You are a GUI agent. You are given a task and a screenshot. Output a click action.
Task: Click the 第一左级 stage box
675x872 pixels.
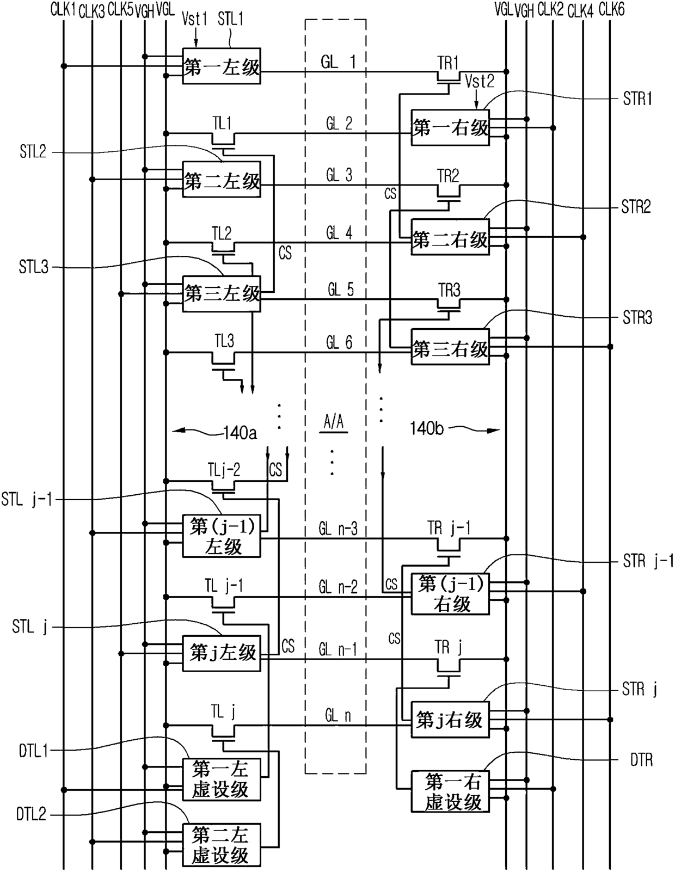pyautogui.click(x=222, y=66)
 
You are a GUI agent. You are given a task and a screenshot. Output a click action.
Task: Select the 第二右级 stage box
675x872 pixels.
pyautogui.click(x=450, y=237)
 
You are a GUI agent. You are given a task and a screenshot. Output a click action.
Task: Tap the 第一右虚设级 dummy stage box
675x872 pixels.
pyautogui.click(x=450, y=791)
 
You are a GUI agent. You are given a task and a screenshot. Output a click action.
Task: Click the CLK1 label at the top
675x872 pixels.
pyautogui.click(x=63, y=10)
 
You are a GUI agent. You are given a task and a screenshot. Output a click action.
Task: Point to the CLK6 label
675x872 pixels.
pyautogui.click(x=612, y=10)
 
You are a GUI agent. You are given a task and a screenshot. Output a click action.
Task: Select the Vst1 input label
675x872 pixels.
pyautogui.click(x=195, y=19)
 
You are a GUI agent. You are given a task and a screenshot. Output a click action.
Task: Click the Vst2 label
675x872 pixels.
pyautogui.click(x=480, y=82)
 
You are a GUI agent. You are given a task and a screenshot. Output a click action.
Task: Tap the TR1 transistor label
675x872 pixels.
pyautogui.click(x=448, y=63)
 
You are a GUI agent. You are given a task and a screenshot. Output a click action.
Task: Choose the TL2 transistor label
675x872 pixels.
pyautogui.click(x=222, y=233)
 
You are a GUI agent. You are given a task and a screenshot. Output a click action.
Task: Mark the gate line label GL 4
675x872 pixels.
pyautogui.click(x=339, y=233)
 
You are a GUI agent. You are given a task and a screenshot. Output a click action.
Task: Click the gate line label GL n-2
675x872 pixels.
pyautogui.click(x=338, y=587)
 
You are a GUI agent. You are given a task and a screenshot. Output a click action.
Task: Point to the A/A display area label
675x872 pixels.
pyautogui.click(x=334, y=422)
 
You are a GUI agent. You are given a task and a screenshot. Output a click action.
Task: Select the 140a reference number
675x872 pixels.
pyautogui.click(x=240, y=433)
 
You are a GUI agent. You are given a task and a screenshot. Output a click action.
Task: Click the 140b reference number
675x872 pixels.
pyautogui.click(x=427, y=428)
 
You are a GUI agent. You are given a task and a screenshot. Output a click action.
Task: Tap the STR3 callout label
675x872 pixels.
pyautogui.click(x=637, y=318)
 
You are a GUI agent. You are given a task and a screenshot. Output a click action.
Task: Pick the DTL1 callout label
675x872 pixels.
pyautogui.click(x=33, y=751)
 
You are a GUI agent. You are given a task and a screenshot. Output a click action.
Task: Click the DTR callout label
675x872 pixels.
pyautogui.click(x=642, y=760)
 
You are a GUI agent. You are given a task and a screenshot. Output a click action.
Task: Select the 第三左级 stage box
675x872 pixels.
pyautogui.click(x=222, y=294)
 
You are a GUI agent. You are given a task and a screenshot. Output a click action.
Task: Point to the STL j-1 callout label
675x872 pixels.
pyautogui.click(x=27, y=500)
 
